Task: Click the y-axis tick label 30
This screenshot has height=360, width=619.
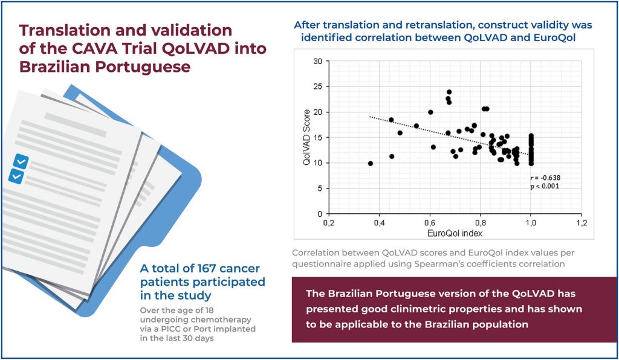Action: pos(318,61)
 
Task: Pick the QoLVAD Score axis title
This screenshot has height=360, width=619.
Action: pos(306,138)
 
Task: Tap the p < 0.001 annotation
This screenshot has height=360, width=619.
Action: pos(545,186)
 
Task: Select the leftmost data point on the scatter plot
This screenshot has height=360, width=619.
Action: pos(370,163)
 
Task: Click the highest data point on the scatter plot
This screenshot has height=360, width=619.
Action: pos(449,92)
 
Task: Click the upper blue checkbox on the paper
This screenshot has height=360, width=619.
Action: pos(21,161)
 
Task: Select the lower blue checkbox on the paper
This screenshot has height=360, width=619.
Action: pos(16,176)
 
